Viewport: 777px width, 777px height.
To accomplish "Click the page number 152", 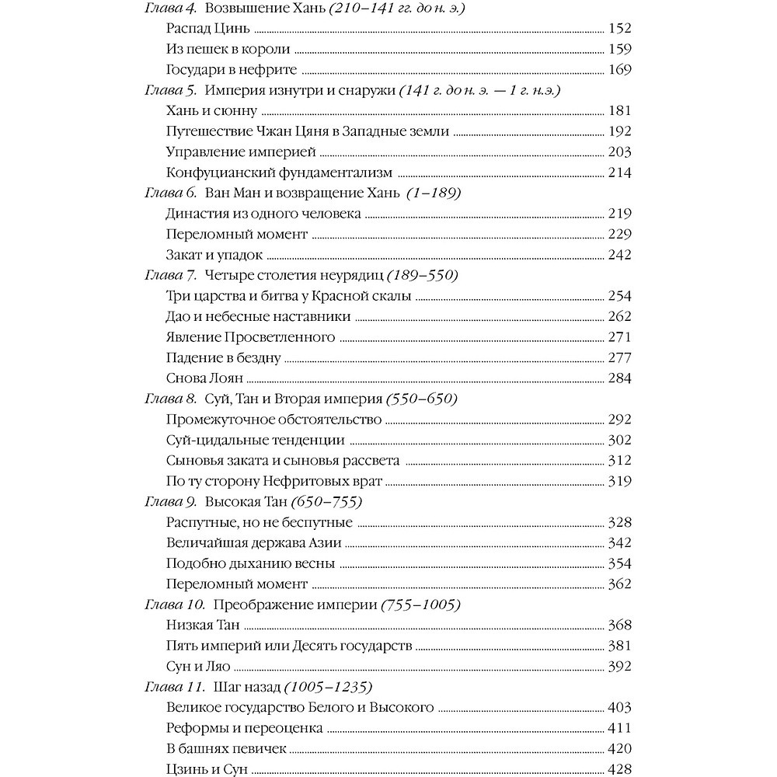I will click(619, 30).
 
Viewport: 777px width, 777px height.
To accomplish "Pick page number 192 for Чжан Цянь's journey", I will click(619, 131).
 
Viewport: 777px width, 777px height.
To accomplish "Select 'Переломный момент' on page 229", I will click(237, 234).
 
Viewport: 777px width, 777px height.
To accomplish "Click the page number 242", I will click(619, 254).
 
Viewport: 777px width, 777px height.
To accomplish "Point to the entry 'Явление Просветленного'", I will click(250, 336).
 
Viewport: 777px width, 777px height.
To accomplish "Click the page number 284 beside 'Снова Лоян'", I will click(619, 378).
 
